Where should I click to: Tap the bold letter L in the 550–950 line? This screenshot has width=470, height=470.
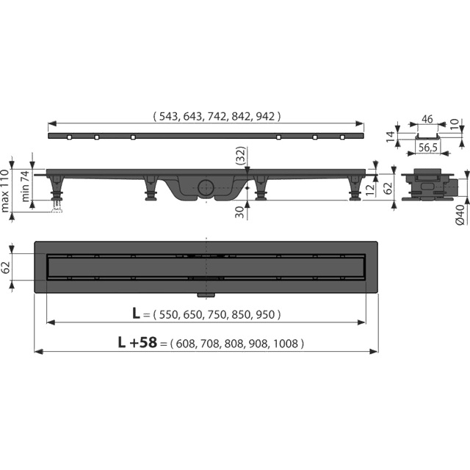[136, 314]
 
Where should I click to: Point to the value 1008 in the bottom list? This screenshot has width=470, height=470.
[287, 344]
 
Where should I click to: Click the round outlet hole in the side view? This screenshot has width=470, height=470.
[206, 187]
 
